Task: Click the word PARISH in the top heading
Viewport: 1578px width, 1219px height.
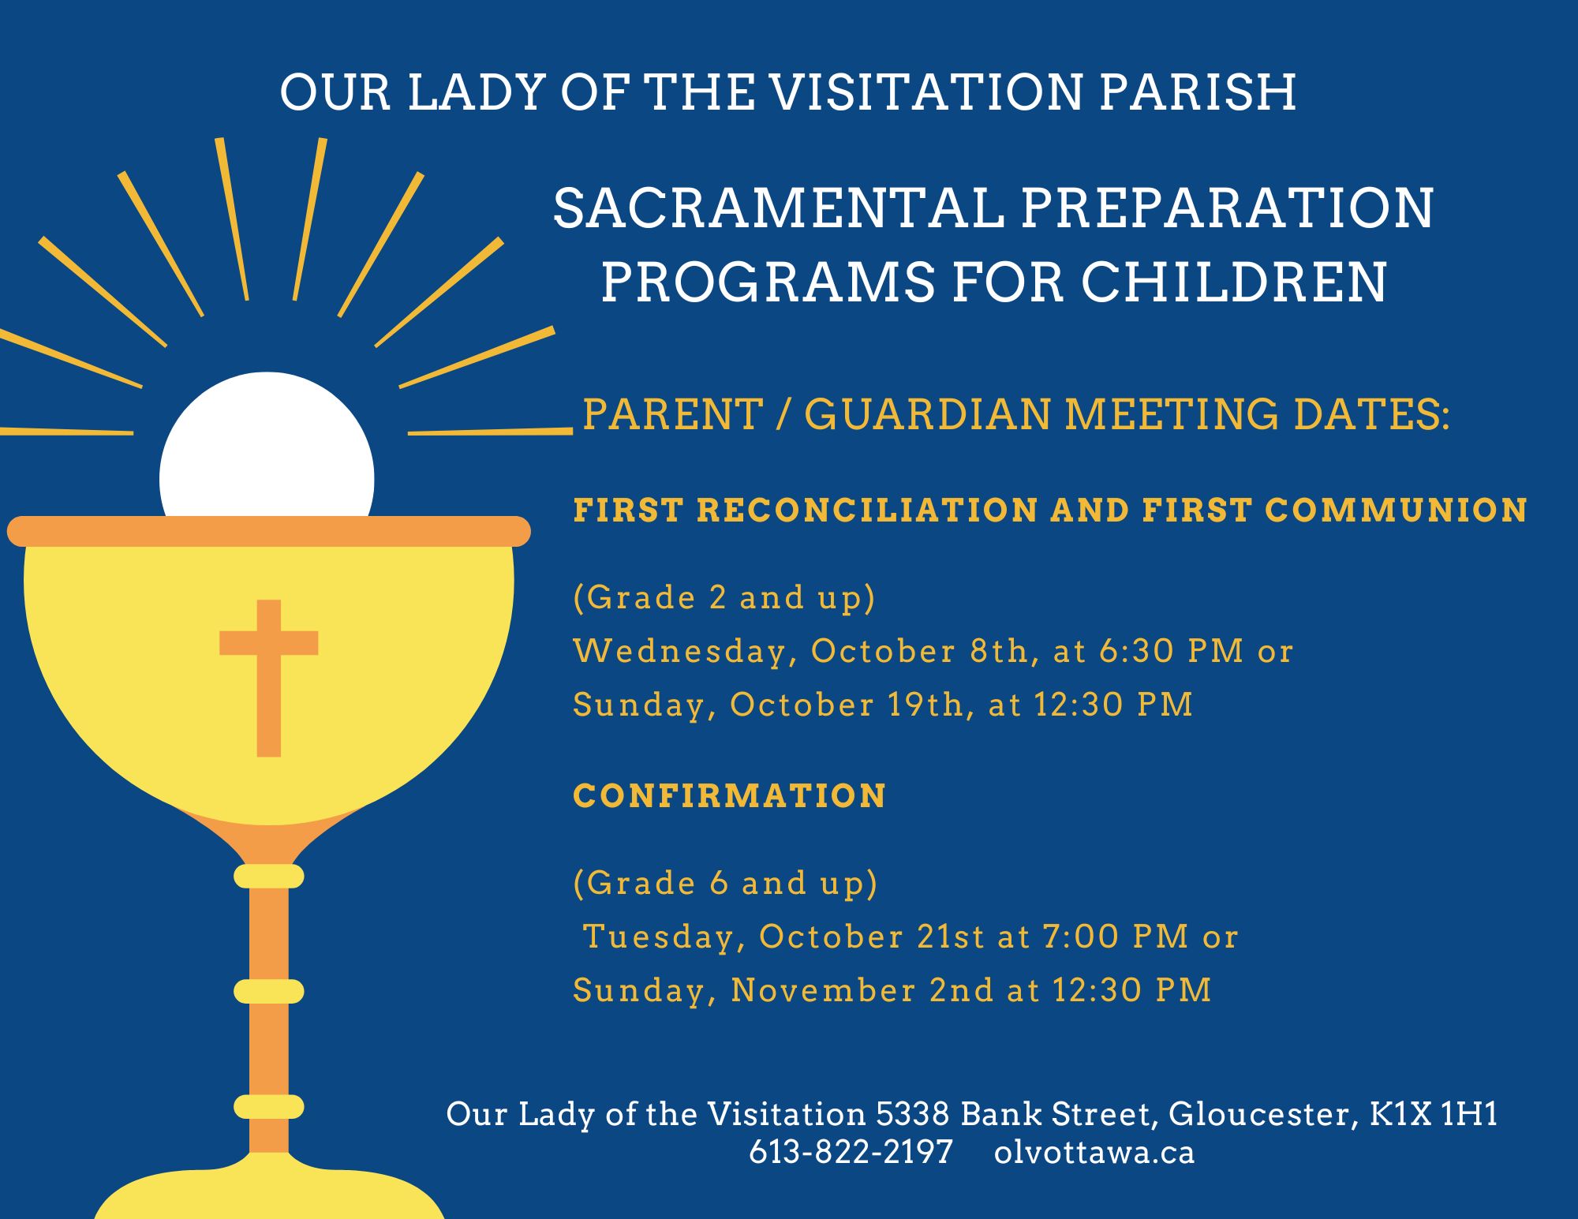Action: tap(1198, 92)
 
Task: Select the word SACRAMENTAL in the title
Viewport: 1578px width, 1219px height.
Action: tap(778, 209)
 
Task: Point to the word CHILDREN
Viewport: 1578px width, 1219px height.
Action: tap(1233, 282)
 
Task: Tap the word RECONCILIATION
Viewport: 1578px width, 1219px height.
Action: tap(867, 510)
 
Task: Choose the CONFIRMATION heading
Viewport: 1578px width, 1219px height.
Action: tap(730, 795)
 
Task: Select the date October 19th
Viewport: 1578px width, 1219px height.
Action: tap(847, 705)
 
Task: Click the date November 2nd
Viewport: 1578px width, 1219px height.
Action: tap(862, 990)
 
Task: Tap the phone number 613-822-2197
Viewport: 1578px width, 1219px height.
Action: tap(851, 1153)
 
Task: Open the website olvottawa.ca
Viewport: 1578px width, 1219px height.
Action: tap(1094, 1153)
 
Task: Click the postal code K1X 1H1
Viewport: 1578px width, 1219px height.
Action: tap(1434, 1114)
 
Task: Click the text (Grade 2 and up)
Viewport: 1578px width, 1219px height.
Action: tap(724, 597)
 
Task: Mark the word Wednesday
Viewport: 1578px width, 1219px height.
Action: tap(680, 652)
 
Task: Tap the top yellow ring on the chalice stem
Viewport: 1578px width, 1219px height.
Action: tap(269, 876)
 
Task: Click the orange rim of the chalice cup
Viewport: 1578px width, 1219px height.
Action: tap(269, 531)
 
